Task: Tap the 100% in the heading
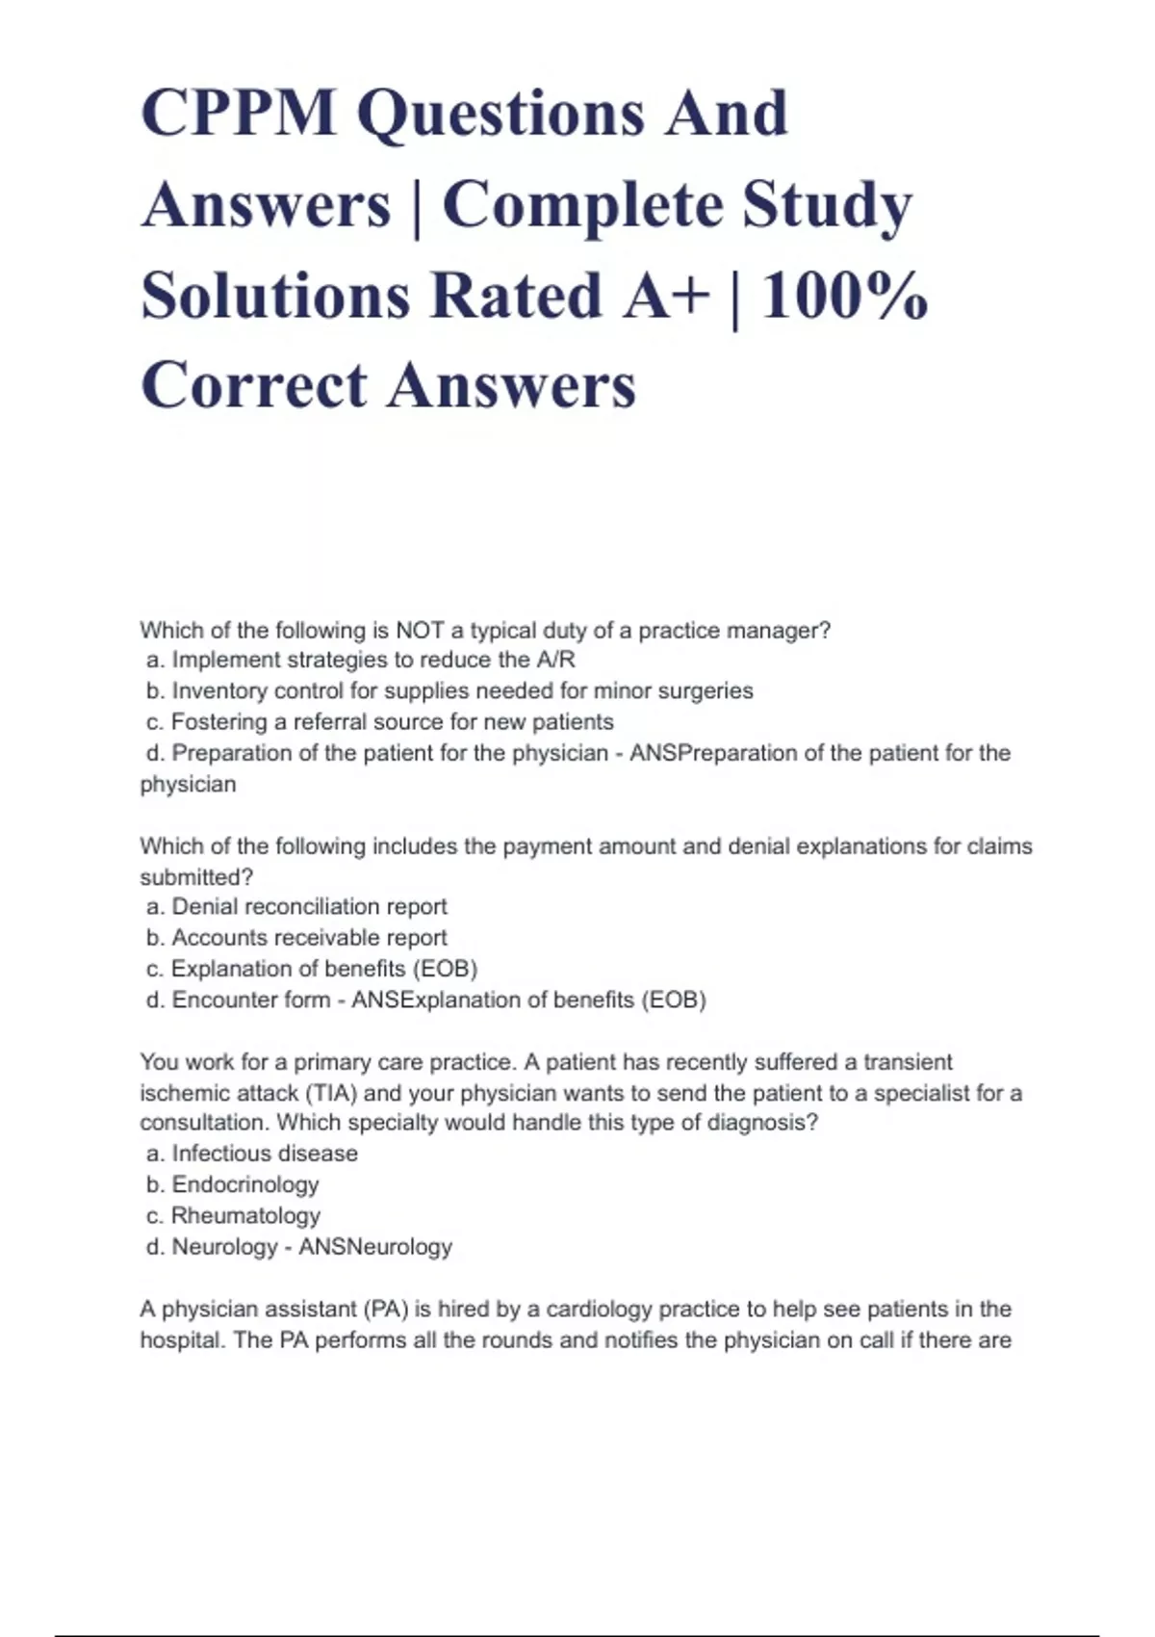point(844,296)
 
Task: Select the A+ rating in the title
point(665,296)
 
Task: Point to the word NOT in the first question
point(420,631)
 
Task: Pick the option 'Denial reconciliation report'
point(309,907)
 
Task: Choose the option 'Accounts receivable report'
point(309,938)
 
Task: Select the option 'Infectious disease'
point(265,1154)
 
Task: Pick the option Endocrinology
point(244,1184)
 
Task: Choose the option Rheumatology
point(245,1216)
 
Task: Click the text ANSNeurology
point(374,1247)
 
